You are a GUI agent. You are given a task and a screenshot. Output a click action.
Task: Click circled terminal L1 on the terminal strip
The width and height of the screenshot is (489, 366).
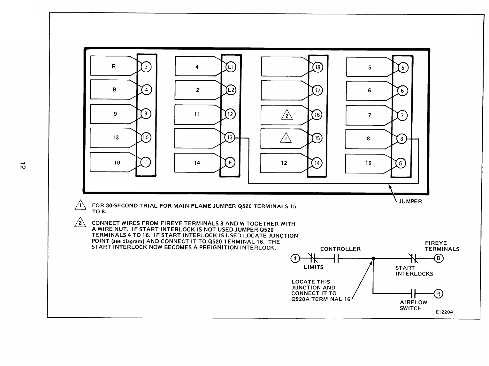coord(231,67)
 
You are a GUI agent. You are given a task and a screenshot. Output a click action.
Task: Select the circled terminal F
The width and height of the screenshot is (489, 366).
coord(230,163)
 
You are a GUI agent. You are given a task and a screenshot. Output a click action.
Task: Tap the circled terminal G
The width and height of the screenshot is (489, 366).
coord(401,163)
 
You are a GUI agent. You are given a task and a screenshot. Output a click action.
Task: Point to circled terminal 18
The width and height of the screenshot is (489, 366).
coord(317,67)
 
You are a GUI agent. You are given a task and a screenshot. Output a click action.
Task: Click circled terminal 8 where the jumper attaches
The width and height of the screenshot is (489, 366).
coord(401,139)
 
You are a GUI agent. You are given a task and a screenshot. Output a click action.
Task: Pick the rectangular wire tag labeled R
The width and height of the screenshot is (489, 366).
coord(114,67)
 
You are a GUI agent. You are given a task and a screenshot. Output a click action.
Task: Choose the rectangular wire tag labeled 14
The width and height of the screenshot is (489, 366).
coord(197,163)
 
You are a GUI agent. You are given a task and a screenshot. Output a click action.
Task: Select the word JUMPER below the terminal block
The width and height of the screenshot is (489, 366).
coord(410,202)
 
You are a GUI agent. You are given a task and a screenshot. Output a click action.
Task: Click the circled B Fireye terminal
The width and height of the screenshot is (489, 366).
coord(439,259)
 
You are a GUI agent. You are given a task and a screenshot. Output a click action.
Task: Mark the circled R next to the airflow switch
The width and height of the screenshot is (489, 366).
coord(438,293)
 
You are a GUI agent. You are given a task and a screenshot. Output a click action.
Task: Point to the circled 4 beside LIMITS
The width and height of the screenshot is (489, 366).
coord(295,258)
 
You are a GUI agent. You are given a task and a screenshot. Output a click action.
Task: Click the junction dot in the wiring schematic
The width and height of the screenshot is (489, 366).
coord(373,259)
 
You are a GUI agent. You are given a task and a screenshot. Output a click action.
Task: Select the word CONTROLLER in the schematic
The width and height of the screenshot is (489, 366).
coord(340,249)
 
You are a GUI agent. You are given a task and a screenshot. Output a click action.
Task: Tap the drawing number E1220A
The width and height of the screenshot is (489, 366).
coord(445,312)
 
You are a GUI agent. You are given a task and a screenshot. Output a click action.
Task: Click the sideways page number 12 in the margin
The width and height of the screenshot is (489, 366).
coord(22,166)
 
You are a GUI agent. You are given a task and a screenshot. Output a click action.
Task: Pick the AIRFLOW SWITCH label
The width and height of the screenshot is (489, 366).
coord(413,305)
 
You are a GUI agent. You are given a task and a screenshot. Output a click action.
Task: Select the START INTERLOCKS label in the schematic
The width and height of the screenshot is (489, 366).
coord(414,271)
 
